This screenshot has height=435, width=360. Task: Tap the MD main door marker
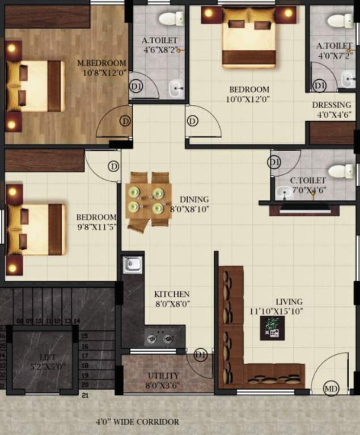click(331, 389)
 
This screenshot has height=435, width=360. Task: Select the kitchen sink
click(132, 264)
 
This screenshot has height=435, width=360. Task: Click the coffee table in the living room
click(272, 328)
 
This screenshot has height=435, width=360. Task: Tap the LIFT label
click(48, 357)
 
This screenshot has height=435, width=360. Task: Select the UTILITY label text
click(163, 376)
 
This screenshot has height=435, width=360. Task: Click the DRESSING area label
click(332, 105)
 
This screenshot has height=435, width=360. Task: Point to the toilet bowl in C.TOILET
click(341, 171)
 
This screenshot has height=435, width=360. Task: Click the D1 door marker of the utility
click(200, 355)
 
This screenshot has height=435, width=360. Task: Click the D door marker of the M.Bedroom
click(125, 121)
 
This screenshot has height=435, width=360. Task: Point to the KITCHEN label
click(172, 295)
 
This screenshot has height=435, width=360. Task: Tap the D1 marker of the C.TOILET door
click(274, 163)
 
